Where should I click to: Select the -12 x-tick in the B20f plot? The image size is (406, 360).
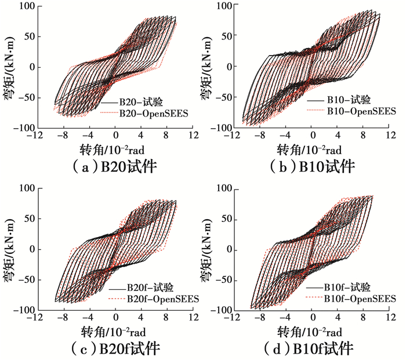click(x=37, y=319)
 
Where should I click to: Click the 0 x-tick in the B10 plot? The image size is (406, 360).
click(x=313, y=136)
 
